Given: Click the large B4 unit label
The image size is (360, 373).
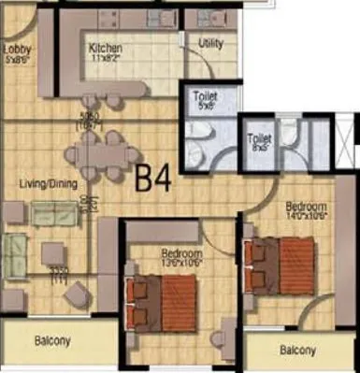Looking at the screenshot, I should point(154,178).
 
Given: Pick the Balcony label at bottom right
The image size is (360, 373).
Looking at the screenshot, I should point(298,351).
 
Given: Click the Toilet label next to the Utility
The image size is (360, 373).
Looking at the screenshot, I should point(205,95).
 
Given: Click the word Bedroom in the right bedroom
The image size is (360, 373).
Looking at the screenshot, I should point(306,205).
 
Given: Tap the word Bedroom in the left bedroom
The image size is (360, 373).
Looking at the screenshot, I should point(181,252).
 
